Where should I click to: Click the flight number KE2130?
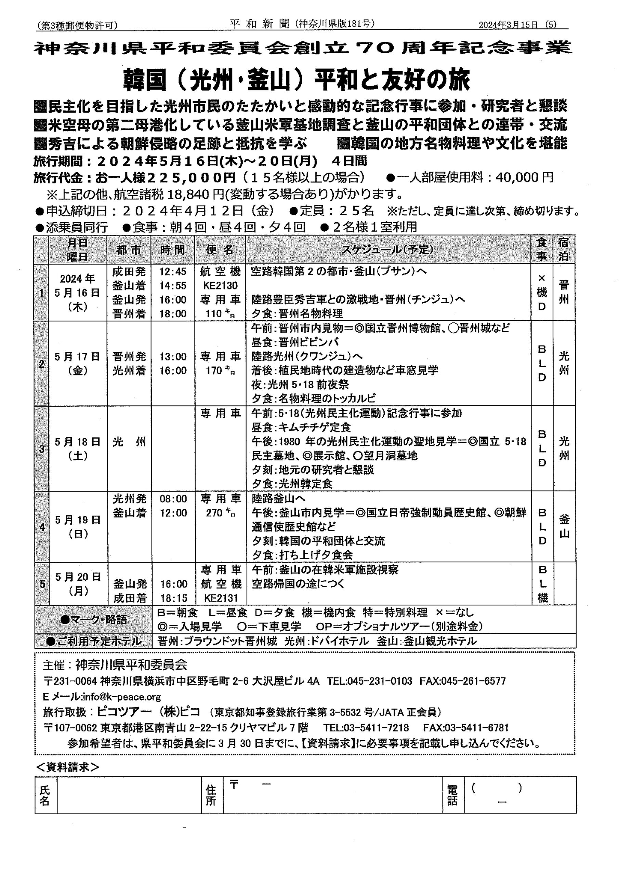tap(221, 285)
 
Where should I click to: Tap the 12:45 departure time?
tap(173, 271)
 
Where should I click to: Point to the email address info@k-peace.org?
tap(122, 697)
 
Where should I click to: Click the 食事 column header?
tap(542, 250)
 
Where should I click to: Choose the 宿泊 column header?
tap(563, 250)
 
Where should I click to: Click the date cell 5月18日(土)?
tap(77, 448)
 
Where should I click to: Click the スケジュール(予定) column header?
tap(387, 250)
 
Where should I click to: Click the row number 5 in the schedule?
tap(42, 584)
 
